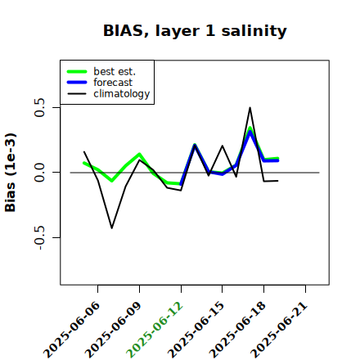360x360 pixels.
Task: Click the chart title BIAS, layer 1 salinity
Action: pyautogui.click(x=195, y=31)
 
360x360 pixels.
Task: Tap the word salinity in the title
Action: pyautogui.click(x=254, y=31)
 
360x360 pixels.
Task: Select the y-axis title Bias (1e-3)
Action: pyautogui.click(x=10, y=173)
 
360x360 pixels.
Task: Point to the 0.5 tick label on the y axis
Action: pyautogui.click(x=39, y=107)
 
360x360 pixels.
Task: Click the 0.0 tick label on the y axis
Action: pyautogui.click(x=39, y=173)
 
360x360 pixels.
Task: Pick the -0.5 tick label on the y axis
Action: pyautogui.click(x=39, y=238)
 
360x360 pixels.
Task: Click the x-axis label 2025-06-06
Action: pyautogui.click(x=71, y=330)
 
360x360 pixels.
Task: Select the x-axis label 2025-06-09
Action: pyautogui.click(x=113, y=330)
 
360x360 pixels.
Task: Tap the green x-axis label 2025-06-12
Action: pyautogui.click(x=155, y=330)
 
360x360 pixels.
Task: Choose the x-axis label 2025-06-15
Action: pyautogui.click(x=196, y=330)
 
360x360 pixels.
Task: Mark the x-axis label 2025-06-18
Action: pyautogui.click(x=237, y=330)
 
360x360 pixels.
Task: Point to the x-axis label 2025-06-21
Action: pyautogui.click(x=279, y=330)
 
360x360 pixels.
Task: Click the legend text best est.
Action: pyautogui.click(x=115, y=71)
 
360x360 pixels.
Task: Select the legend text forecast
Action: pyautogui.click(x=113, y=83)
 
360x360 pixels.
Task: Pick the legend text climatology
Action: pyautogui.click(x=122, y=94)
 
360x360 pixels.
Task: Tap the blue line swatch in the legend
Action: pyautogui.click(x=77, y=83)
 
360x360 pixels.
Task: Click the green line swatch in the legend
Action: pyautogui.click(x=77, y=71)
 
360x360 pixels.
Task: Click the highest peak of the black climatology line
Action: pyautogui.click(x=250, y=108)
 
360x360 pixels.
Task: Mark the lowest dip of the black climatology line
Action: pyautogui.click(x=112, y=228)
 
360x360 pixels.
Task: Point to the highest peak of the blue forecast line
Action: pyautogui.click(x=250, y=133)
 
